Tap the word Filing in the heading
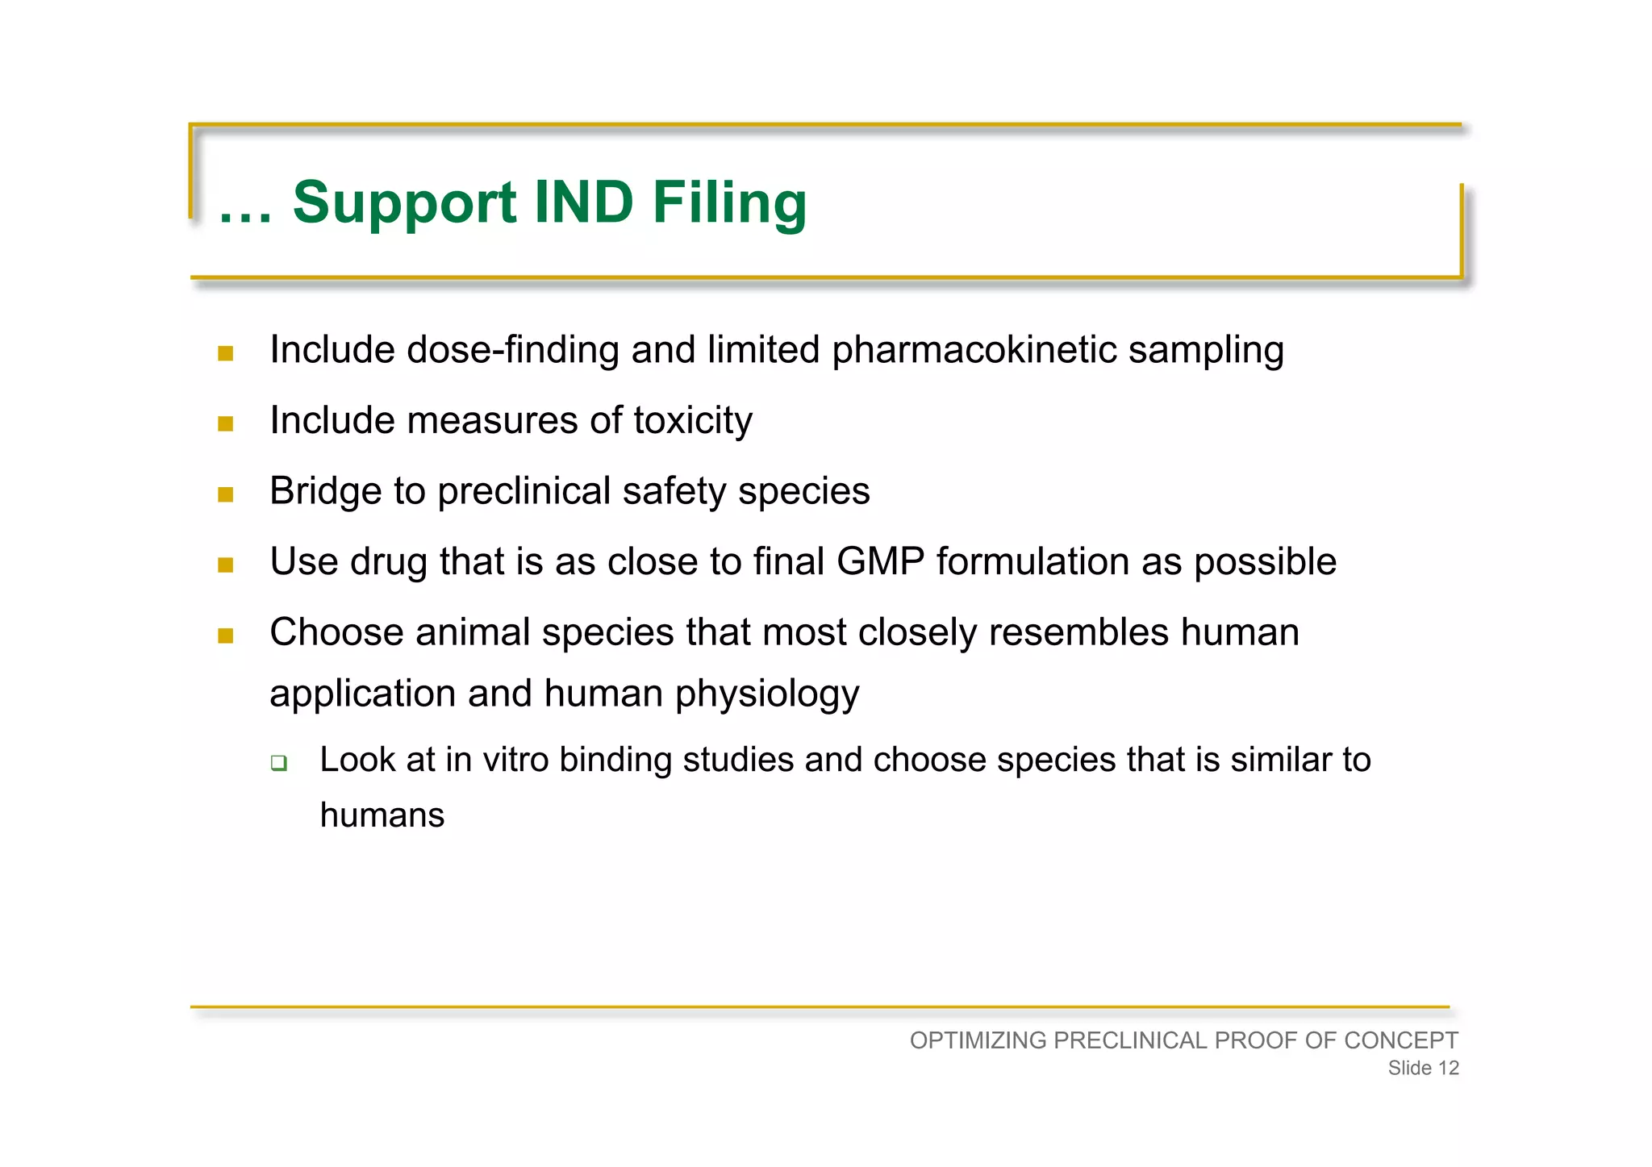[728, 203]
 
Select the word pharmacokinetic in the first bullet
[974, 350]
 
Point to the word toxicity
[692, 421]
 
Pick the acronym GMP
[880, 561]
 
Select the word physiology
[767, 694]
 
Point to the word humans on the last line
[382, 815]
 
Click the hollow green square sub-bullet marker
[279, 762]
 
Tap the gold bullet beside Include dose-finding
[226, 353]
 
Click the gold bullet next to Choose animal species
[226, 636]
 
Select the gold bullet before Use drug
[226, 565]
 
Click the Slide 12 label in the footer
[1423, 1068]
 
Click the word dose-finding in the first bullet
[512, 350]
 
